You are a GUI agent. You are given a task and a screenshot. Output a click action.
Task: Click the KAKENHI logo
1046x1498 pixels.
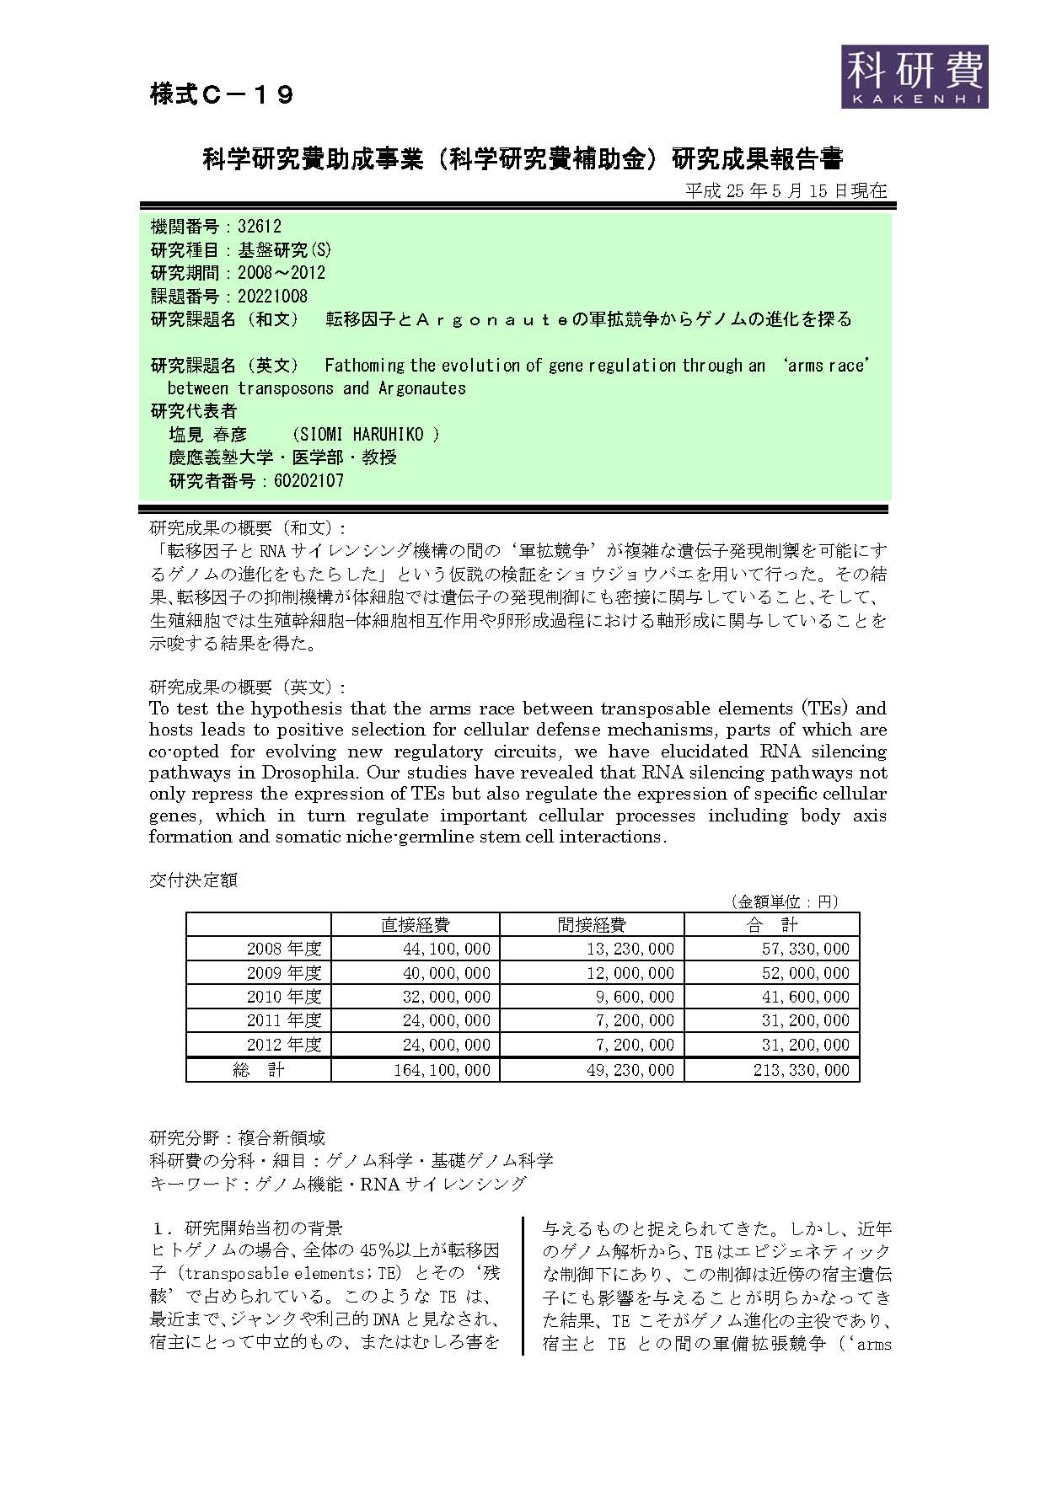click(914, 76)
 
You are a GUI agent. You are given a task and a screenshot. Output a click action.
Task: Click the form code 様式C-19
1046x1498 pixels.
click(222, 94)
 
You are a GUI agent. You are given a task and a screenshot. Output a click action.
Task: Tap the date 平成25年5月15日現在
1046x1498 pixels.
click(786, 190)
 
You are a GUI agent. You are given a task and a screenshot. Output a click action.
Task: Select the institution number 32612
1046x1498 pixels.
click(260, 227)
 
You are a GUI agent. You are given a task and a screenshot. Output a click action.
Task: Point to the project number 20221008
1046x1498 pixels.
click(272, 296)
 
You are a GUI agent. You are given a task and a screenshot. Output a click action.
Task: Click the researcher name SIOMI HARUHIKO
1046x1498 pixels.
click(365, 435)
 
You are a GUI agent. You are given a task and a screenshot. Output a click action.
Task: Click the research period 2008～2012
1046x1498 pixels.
click(281, 273)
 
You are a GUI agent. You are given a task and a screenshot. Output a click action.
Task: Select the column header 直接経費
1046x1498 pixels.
click(415, 924)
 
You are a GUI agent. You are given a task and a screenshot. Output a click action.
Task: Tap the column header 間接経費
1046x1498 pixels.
click(592, 924)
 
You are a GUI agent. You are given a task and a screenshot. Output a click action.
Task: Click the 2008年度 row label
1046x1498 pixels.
click(284, 949)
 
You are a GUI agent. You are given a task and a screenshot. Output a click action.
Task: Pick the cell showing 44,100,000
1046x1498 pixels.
click(447, 949)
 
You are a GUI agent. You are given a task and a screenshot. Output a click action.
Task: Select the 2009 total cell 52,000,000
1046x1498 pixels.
click(807, 973)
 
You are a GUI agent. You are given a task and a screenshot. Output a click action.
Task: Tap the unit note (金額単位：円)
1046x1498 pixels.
click(784, 901)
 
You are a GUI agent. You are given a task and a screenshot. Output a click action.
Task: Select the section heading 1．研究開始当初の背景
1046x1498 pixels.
click(246, 1228)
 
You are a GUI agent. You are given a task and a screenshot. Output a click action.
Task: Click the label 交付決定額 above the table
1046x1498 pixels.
click(193, 880)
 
